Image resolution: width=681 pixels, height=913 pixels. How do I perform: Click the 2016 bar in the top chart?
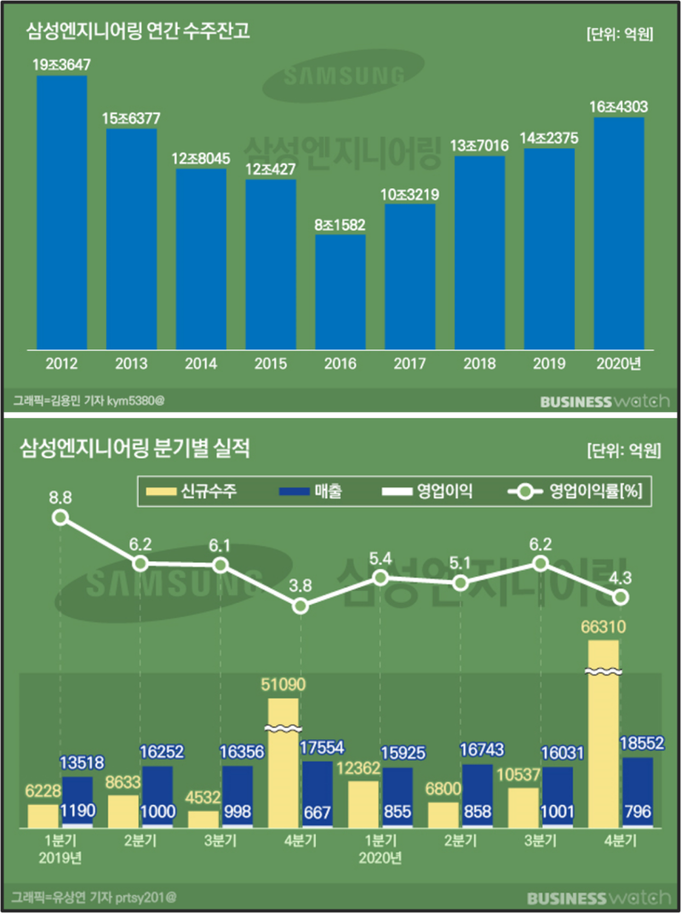coord(340,291)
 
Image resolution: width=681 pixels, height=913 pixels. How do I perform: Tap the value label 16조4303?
coord(619,106)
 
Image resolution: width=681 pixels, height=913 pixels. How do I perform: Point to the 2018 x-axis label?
coord(480,364)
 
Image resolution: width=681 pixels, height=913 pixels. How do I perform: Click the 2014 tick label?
coord(201,364)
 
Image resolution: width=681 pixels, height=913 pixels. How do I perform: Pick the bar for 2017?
coord(410,276)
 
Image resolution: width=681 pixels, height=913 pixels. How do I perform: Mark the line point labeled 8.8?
coord(60,517)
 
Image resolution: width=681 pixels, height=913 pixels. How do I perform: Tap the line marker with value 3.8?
coord(300,606)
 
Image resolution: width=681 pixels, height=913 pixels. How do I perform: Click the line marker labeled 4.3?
coord(621,597)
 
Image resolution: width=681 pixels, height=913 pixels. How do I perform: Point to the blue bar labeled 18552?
coord(638,792)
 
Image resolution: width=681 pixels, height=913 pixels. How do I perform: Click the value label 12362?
coord(363,767)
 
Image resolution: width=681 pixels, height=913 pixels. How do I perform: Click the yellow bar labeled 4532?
coord(203,818)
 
